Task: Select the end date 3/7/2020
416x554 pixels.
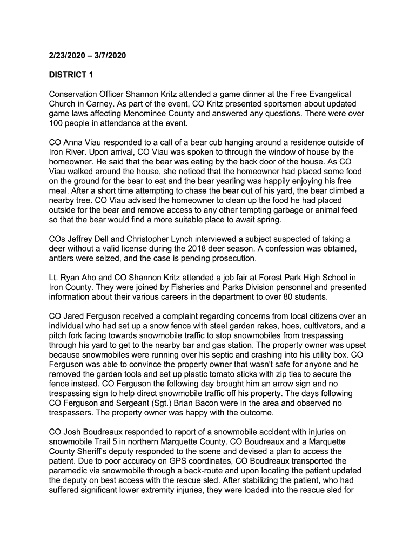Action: (x=111, y=55)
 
